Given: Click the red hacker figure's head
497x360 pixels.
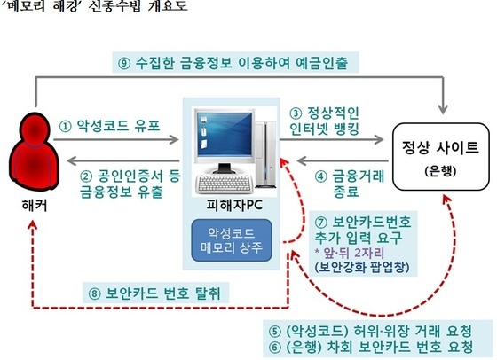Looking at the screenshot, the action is tap(35, 130).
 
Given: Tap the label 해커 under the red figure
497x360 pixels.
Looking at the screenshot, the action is tap(35, 205).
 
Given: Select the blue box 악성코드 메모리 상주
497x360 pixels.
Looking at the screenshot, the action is tap(232, 240).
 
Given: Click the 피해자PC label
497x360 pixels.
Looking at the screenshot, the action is tap(234, 205).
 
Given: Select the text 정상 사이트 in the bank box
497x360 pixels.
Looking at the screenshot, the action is tap(440, 147).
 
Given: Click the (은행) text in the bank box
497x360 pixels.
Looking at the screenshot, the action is tap(440, 171).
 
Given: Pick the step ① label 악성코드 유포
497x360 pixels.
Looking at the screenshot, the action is tap(110, 126).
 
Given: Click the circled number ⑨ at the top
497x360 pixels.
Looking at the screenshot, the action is tap(124, 63).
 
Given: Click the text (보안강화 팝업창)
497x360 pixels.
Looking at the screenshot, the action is tap(362, 267).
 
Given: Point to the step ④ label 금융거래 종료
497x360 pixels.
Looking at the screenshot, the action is tap(350, 184).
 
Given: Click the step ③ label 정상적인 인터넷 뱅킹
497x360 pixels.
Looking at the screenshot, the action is tap(324, 121).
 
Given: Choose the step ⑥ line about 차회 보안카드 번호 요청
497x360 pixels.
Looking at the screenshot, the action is tap(371, 348).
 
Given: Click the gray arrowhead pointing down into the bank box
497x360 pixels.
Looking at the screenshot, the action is tap(443, 109).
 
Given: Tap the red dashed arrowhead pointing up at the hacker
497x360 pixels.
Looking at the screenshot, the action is tap(33, 225).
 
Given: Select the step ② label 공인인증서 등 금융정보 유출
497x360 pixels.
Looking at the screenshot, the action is tap(130, 184).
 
